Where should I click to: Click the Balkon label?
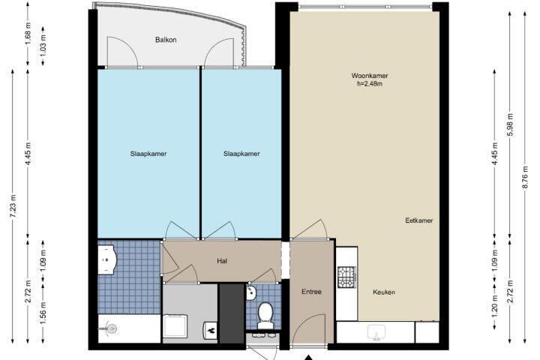tap(166, 40)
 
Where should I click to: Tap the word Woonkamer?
tap(370, 76)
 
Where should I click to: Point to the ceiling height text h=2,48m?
tap(370, 83)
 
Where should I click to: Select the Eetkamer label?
tap(418, 220)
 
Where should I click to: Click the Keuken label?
tap(384, 292)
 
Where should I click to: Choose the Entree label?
tap(311, 292)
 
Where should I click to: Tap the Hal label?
tap(222, 261)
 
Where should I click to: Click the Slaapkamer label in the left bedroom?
tap(148, 154)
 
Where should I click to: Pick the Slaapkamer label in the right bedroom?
tap(241, 154)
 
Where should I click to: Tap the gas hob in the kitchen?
tap(346, 277)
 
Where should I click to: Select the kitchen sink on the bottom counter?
tap(376, 331)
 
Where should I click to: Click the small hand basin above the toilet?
tap(251, 292)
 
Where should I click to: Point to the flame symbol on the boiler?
tap(211, 330)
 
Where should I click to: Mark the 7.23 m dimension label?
tap(13, 205)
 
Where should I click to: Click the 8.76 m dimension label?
tap(525, 177)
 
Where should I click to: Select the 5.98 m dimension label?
tap(510, 124)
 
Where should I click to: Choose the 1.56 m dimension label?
tap(43, 313)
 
